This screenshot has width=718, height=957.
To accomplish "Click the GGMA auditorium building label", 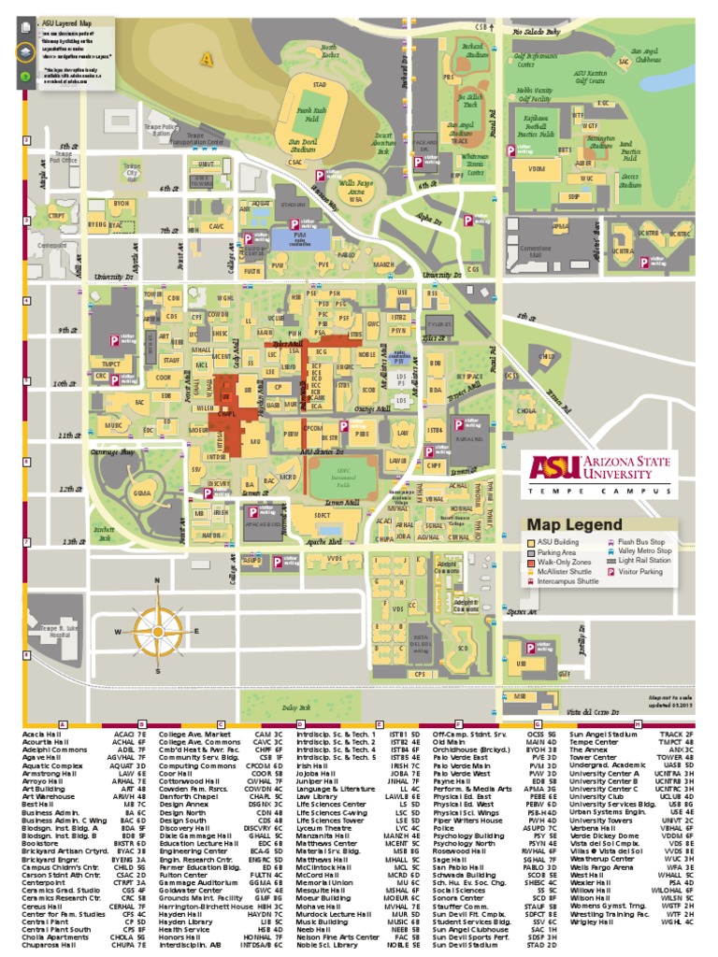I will tap(142, 493).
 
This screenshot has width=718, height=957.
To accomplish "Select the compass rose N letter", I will tap(157, 580).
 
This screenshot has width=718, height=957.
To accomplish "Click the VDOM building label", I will tap(536, 169).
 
